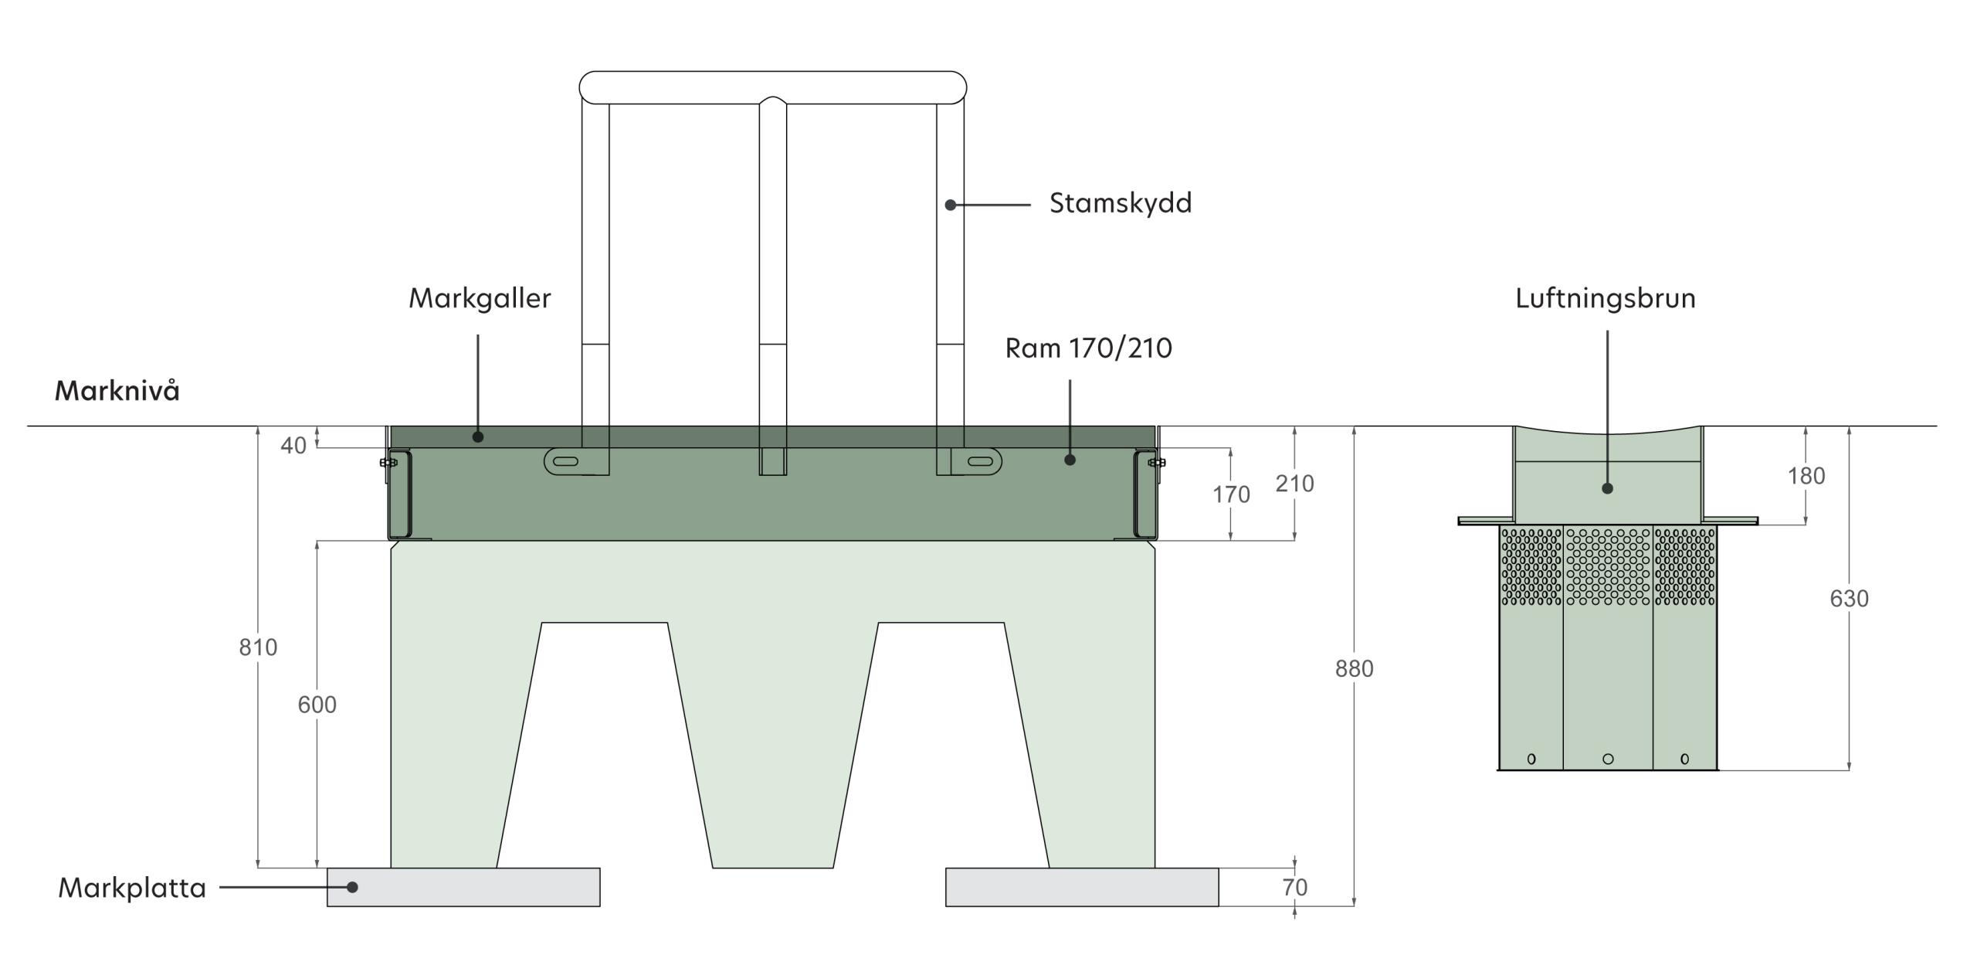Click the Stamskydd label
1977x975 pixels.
pyautogui.click(x=1120, y=203)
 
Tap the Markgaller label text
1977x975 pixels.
pyautogui.click(x=480, y=298)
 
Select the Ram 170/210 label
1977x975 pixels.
pyautogui.click(x=1088, y=348)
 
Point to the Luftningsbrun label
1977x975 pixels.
pyautogui.click(x=1605, y=298)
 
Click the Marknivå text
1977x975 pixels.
pyautogui.click(x=117, y=391)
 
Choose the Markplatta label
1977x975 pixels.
pyautogui.click(x=132, y=888)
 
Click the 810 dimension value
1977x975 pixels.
pyautogui.click(x=258, y=647)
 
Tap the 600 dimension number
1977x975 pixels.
pyautogui.click(x=317, y=705)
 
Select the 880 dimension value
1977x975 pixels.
pyautogui.click(x=1355, y=669)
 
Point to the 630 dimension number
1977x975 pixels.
pyautogui.click(x=1849, y=599)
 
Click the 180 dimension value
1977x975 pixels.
pyautogui.click(x=1806, y=476)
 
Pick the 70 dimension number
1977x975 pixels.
pyautogui.click(x=1295, y=888)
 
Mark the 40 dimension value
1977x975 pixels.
pyautogui.click(x=293, y=446)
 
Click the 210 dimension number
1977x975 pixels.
pyautogui.click(x=1294, y=484)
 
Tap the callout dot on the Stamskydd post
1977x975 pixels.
pyautogui.click(x=951, y=205)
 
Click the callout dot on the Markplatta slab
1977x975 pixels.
pyautogui.click(x=352, y=887)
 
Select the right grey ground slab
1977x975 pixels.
pyautogui.click(x=1082, y=887)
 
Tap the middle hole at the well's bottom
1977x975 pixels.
pyautogui.click(x=1608, y=759)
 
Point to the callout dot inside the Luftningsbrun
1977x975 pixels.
pyautogui.click(x=1607, y=488)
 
